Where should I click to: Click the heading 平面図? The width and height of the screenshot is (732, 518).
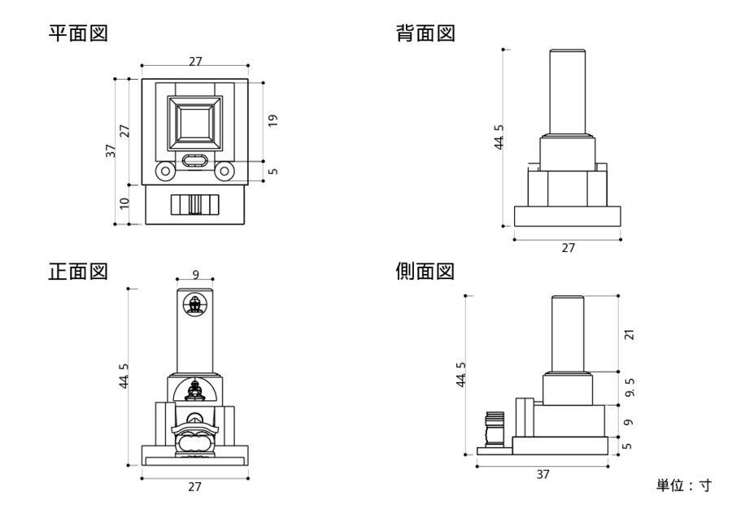coord(78,33)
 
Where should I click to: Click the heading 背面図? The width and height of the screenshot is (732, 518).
coord(425,33)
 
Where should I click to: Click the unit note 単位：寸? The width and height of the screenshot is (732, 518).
coord(683,485)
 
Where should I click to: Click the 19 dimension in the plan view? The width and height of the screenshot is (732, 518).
coord(273,120)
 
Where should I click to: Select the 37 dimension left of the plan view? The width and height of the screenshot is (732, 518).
coord(110,150)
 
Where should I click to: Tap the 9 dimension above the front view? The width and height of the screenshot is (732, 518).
coord(195,275)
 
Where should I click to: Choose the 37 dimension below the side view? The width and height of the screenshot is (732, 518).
coord(542,474)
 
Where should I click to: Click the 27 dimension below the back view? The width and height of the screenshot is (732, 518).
coord(568,248)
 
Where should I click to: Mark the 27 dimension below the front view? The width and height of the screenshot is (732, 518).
coord(195,486)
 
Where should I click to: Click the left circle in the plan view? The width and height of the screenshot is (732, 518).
coord(165,171)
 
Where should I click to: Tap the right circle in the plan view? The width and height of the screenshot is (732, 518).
coord(224,171)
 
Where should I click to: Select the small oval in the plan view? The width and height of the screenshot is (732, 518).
coord(195,160)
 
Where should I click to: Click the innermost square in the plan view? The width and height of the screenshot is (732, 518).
coord(195,124)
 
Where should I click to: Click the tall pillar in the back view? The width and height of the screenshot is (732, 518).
coord(568,91)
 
